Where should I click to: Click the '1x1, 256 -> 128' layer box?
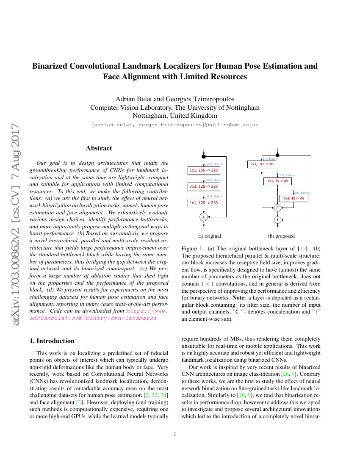(203, 170)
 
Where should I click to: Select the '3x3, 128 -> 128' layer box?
(203, 186)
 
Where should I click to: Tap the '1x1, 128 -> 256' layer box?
(203, 203)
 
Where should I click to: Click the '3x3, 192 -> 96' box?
(261, 164)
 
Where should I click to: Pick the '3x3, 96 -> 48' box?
(277, 181)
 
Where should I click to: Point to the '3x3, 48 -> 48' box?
(294, 198)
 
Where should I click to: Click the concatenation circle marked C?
(278, 208)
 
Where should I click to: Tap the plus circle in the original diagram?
(204, 216)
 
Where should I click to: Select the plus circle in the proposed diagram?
(278, 220)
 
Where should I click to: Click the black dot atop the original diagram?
(204, 156)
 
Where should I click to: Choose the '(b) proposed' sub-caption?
(281, 236)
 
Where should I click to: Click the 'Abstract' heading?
(99, 148)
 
